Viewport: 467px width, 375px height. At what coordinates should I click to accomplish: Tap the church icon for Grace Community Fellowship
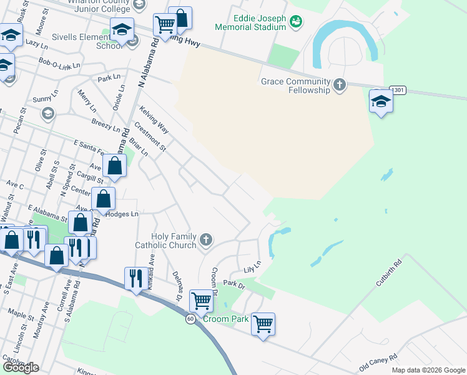(x=340, y=85)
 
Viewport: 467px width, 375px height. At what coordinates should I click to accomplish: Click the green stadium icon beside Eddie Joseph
(x=295, y=22)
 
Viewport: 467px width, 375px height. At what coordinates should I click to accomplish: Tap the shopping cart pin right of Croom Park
(x=263, y=323)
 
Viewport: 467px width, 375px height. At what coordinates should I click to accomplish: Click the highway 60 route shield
(x=190, y=319)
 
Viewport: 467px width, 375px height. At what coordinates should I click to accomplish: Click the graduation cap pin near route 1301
(x=381, y=101)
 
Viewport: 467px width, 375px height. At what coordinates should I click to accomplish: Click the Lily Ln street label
(x=252, y=267)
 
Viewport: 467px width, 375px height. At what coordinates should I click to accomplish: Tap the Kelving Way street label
(x=154, y=119)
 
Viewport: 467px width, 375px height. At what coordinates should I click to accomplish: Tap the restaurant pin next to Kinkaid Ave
(x=136, y=278)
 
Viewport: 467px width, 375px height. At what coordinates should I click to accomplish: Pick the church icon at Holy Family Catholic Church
(x=206, y=240)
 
